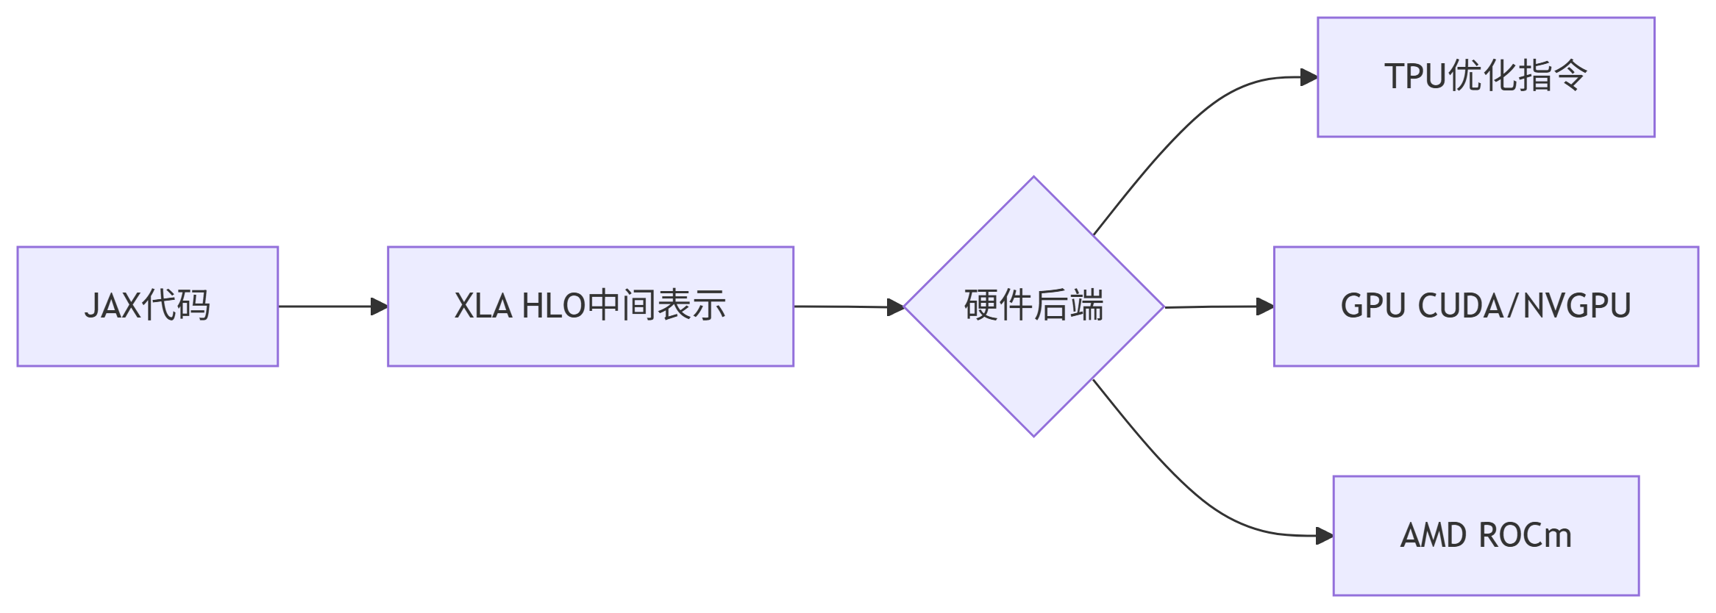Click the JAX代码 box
click(147, 306)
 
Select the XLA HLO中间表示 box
click(590, 306)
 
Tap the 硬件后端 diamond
click(1033, 306)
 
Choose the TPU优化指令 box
click(1486, 77)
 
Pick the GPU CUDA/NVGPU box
click(1486, 306)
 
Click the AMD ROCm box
click(1486, 535)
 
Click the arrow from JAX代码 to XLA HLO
click(327, 306)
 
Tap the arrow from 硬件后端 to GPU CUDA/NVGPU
click(1214, 306)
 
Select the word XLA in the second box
click(483, 306)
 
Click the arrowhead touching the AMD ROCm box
click(1325, 536)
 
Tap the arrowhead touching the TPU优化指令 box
click(1309, 77)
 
